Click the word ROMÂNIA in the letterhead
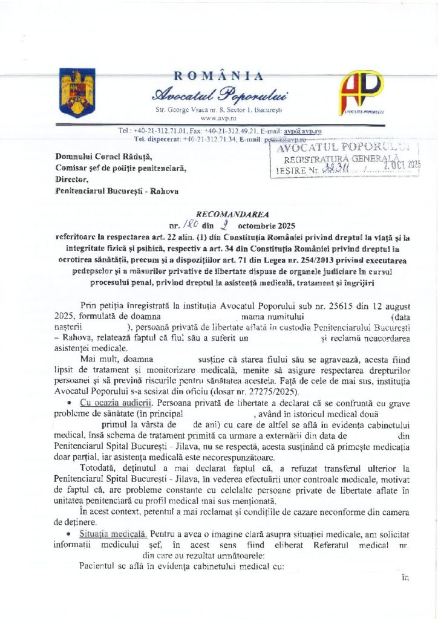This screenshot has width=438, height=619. [218, 76]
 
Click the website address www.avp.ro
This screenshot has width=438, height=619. [219, 118]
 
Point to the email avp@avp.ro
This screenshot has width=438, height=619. [308, 131]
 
